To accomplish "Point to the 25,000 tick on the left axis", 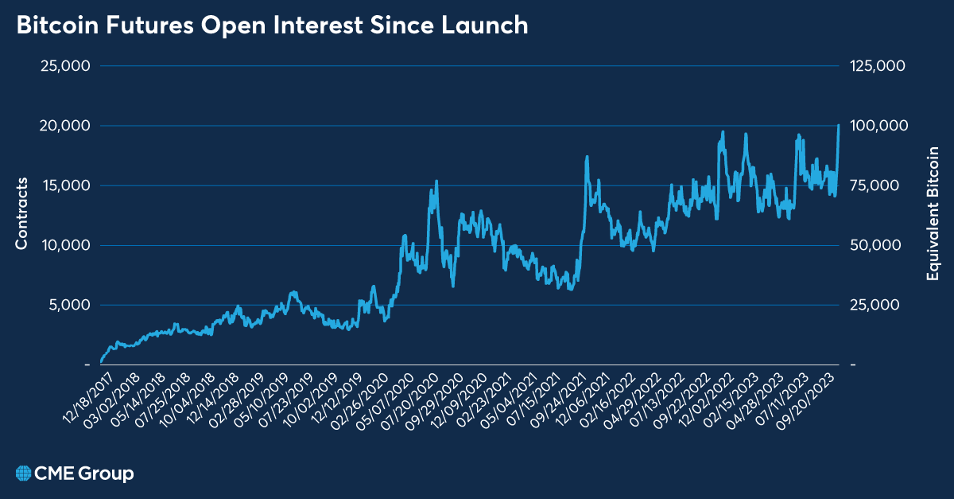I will [x=64, y=66].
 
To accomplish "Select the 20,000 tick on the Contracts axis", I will [x=64, y=126].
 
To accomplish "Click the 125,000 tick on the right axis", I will [x=878, y=66].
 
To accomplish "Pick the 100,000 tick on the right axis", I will [x=878, y=126].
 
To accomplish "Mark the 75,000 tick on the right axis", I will [x=875, y=185].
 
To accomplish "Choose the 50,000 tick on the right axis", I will [x=875, y=245].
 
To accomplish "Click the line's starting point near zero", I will [x=101, y=361].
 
